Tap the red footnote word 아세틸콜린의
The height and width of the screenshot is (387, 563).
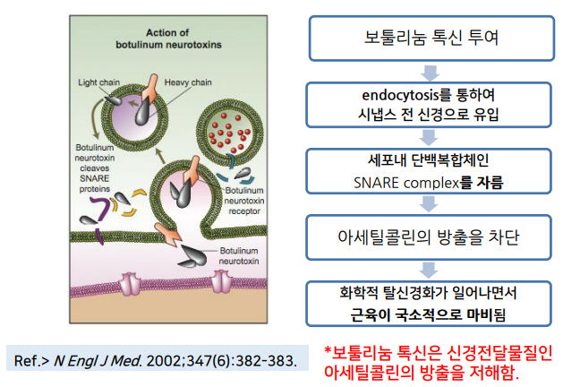click(364, 371)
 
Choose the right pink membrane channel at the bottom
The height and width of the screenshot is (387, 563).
click(221, 284)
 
